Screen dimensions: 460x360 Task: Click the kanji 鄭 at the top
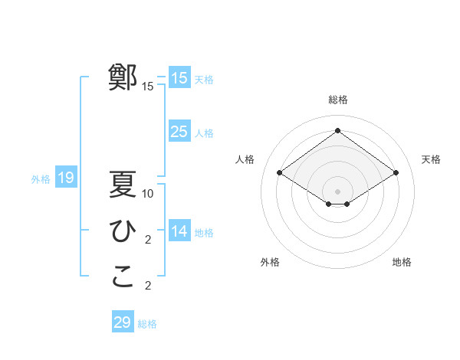tap(123, 77)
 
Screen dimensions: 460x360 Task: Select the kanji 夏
tap(123, 185)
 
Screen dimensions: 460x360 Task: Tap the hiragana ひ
tap(123, 231)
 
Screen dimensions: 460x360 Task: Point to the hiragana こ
tap(123, 277)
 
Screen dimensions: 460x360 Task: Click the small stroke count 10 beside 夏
tap(149, 194)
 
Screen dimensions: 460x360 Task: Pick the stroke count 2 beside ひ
tap(148, 240)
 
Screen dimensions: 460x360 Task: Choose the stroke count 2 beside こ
tap(148, 286)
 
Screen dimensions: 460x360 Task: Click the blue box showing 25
tap(179, 132)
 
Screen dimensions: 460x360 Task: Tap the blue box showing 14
tap(179, 231)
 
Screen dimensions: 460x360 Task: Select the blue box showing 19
tap(66, 178)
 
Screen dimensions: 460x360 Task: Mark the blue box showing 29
tap(123, 322)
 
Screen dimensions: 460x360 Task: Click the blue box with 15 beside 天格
tap(179, 78)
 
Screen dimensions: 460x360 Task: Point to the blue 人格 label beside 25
tap(204, 133)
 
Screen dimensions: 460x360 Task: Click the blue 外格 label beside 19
tap(41, 179)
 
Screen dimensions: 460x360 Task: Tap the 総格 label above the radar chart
tap(338, 100)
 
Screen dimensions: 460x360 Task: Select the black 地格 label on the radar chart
tap(402, 262)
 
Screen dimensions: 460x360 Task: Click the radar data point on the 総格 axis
tap(338, 131)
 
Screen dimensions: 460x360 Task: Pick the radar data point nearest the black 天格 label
tap(396, 173)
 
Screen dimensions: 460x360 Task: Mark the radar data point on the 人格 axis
tap(280, 173)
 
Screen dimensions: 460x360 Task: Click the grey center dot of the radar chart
tap(338, 191)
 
